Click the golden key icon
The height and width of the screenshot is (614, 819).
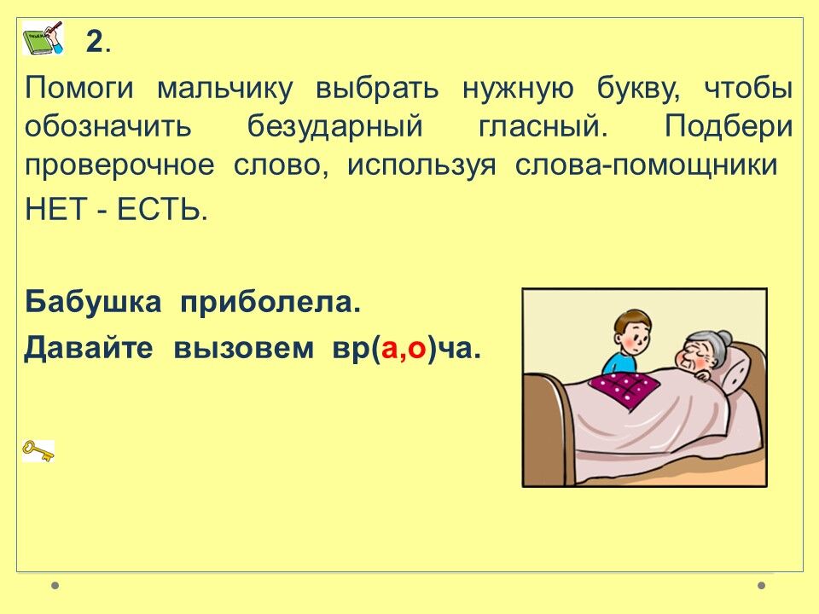(38, 450)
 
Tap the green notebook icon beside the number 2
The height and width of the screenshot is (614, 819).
(43, 38)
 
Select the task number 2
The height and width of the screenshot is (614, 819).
(95, 41)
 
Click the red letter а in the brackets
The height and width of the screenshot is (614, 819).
(390, 349)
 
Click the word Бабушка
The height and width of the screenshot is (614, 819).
(93, 302)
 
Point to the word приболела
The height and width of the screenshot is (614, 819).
(270, 303)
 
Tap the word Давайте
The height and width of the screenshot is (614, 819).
(88, 348)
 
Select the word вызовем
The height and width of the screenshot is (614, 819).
(243, 349)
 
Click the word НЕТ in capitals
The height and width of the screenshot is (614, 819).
(55, 211)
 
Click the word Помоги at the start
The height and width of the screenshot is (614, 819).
(79, 89)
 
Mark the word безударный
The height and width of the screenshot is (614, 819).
(334, 127)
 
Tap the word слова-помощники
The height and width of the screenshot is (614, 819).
(646, 165)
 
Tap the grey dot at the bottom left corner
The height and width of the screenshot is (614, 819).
(55, 585)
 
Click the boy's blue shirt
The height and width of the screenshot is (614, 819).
(619, 363)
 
